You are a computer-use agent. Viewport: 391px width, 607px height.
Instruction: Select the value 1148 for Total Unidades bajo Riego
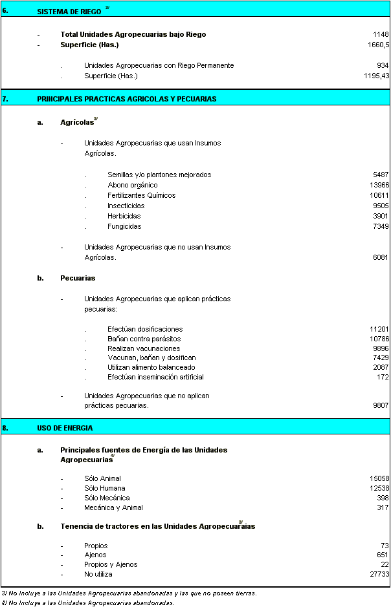(381, 35)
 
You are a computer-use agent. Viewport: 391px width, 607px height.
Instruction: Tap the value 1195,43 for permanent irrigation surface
(376, 76)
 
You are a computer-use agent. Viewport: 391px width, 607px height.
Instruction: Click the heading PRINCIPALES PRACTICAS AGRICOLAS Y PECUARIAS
(127, 99)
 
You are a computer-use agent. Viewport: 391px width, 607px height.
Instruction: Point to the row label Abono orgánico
(132, 185)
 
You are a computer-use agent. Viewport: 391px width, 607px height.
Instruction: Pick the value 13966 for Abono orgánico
(379, 185)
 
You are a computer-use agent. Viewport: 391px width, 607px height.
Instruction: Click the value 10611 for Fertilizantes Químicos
(379, 195)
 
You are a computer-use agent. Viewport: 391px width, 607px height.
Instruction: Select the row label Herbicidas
(124, 216)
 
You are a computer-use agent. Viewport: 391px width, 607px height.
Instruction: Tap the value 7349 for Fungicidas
(381, 226)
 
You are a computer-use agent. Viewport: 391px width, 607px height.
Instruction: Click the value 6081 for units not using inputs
(381, 257)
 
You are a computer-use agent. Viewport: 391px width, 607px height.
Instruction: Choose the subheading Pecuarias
(78, 278)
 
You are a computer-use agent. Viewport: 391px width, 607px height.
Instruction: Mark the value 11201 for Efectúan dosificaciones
(379, 329)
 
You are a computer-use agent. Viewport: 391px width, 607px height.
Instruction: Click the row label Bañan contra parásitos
(144, 339)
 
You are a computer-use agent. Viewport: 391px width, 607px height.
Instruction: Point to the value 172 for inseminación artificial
(383, 377)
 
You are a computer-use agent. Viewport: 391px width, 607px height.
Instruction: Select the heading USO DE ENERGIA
(65, 428)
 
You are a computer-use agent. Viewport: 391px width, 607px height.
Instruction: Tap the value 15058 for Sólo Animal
(379, 478)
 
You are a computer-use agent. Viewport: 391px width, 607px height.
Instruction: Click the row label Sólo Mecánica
(107, 498)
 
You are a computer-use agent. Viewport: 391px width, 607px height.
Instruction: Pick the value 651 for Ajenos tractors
(383, 555)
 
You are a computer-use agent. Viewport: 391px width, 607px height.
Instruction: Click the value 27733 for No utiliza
(379, 574)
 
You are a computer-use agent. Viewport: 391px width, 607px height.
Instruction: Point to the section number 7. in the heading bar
(5, 99)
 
